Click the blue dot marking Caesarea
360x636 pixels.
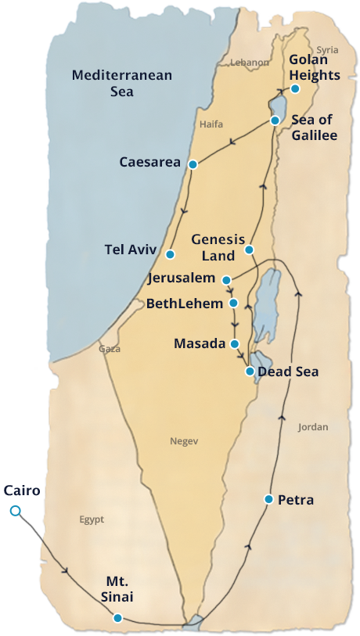point(193,164)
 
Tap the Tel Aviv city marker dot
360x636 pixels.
point(170,253)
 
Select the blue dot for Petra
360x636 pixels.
point(268,498)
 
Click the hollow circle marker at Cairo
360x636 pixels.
point(15,511)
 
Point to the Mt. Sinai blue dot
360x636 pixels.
point(117,617)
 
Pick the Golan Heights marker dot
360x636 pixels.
point(295,88)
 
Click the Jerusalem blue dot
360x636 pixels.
point(225,279)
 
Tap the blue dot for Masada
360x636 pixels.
point(234,343)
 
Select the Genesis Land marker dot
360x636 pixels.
point(248,250)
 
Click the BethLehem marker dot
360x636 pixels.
point(233,303)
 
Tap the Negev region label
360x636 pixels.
point(184,441)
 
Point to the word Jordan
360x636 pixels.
point(313,427)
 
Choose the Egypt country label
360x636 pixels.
point(91,519)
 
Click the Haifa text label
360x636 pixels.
point(211,124)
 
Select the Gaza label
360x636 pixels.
point(110,349)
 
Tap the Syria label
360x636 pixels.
point(327,50)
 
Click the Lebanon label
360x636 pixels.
point(250,63)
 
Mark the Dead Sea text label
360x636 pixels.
point(288,372)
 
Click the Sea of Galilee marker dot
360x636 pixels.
point(275,120)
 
